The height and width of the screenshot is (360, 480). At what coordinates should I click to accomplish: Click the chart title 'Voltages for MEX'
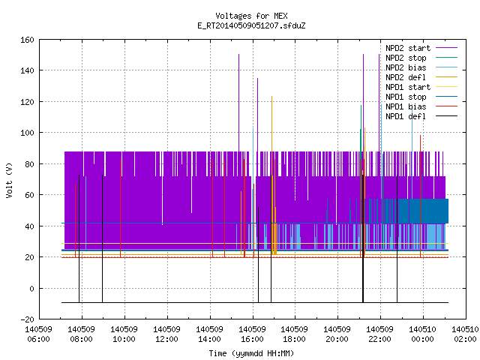(x=251, y=16)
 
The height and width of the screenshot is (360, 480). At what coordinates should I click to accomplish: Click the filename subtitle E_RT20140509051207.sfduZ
(x=251, y=25)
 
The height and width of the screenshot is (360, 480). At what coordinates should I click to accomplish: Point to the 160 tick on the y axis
(x=27, y=40)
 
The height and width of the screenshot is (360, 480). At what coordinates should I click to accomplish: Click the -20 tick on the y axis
(x=27, y=319)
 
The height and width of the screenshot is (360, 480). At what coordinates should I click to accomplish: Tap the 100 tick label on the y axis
(x=27, y=133)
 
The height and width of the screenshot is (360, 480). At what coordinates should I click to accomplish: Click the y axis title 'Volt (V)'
(x=10, y=180)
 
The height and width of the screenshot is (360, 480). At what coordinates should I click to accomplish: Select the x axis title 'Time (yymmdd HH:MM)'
(x=251, y=353)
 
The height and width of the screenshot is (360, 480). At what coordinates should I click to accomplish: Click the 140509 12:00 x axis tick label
(x=166, y=334)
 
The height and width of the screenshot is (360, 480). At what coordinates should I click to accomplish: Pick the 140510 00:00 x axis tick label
(x=423, y=334)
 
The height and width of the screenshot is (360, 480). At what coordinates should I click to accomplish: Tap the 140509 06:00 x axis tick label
(x=38, y=334)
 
